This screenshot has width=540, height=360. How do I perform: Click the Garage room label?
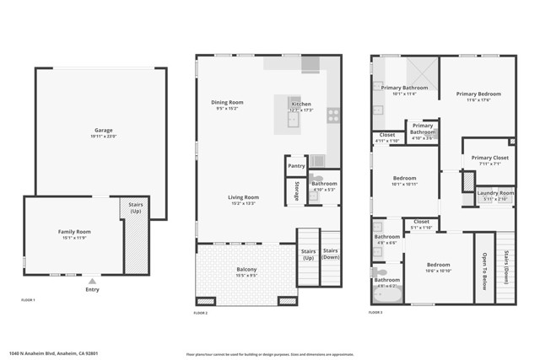[104, 132]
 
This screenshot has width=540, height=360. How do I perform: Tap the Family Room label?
[74, 231]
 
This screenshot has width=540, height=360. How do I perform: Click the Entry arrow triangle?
[92, 281]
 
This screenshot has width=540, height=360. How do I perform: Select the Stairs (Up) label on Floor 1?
[135, 207]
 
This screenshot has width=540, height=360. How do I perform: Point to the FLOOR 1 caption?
[29, 300]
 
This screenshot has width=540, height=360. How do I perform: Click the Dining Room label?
[227, 102]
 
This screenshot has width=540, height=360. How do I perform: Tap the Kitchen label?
[301, 105]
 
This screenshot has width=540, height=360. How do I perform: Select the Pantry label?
[296, 166]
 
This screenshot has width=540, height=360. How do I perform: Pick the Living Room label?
[243, 197]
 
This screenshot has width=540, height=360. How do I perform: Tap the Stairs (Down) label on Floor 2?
[331, 253]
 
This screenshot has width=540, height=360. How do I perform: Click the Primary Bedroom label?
[478, 94]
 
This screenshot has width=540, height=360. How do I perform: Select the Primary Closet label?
[489, 158]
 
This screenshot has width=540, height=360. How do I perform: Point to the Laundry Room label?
[495, 193]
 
